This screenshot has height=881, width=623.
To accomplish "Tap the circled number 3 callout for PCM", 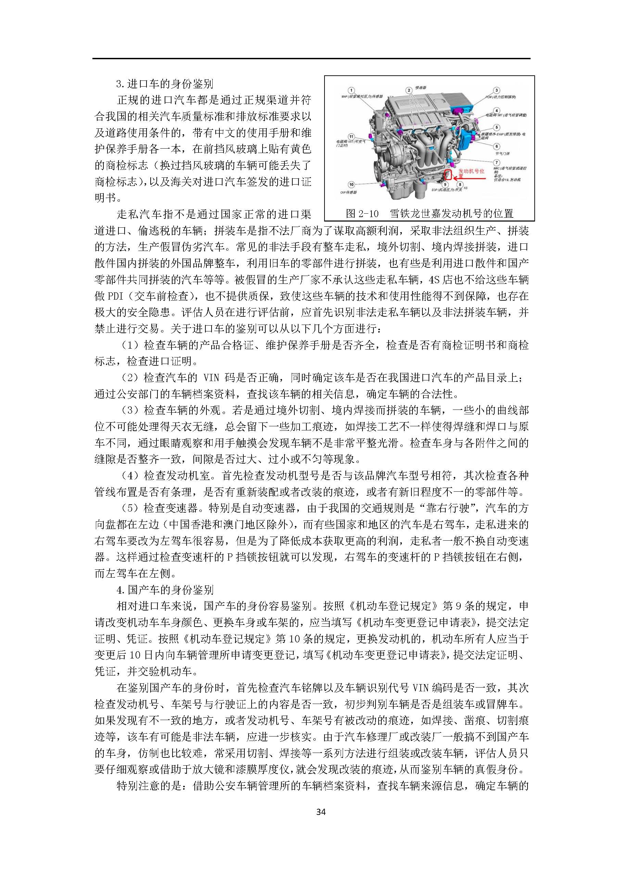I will pyautogui.click(x=496, y=90).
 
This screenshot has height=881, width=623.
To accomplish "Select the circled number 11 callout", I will pyautogui.click(x=351, y=137).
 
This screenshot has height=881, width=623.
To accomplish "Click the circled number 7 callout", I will pyautogui.click(x=497, y=163).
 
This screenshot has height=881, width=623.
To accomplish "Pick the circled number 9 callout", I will pyautogui.click(x=445, y=185).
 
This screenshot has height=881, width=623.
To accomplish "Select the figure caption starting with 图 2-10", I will pyautogui.click(x=429, y=213).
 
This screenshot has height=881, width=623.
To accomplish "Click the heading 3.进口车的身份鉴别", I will pyautogui.click(x=165, y=84).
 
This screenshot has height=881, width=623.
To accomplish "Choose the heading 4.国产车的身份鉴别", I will pyautogui.click(x=165, y=590).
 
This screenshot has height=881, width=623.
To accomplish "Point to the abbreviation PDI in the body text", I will pyautogui.click(x=115, y=296).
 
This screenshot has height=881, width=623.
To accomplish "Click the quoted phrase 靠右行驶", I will pyautogui.click(x=448, y=508).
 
